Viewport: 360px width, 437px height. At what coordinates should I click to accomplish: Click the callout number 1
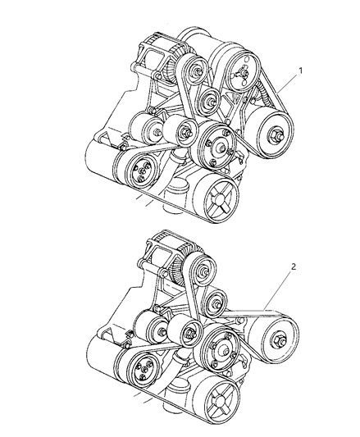[x=301, y=71]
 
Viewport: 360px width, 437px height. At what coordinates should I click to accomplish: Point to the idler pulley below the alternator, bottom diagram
[x=216, y=301]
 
